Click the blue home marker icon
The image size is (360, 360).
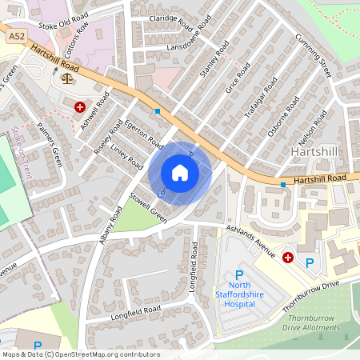180,173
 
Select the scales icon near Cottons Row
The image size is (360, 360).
65,78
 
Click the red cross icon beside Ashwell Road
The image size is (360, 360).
80,106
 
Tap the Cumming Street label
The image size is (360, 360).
313,56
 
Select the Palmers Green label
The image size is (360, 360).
51,148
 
